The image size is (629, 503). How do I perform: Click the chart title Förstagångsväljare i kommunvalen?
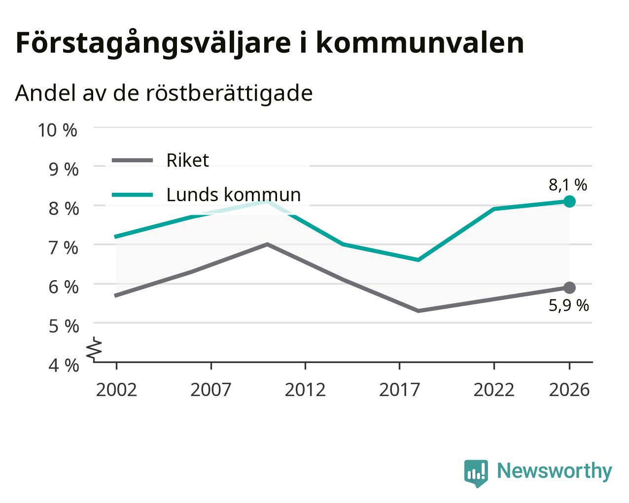point(270,44)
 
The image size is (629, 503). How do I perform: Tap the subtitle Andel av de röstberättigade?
point(164,93)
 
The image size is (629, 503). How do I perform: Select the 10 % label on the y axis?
point(58,130)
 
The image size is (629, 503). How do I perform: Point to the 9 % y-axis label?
point(64,169)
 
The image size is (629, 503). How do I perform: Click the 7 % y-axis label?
point(64,248)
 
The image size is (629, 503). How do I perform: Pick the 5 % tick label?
point(64,326)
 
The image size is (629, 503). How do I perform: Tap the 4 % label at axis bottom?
point(64,365)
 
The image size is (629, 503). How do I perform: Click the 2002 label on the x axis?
point(116,390)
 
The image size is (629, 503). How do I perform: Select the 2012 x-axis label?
point(305,390)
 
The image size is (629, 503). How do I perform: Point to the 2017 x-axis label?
point(400,390)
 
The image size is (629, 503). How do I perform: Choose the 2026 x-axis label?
point(569,390)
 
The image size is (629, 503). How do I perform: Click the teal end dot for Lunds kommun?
point(569,202)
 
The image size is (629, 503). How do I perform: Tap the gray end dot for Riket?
point(569,288)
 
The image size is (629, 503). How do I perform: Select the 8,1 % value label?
point(568,185)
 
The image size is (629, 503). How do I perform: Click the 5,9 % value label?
point(569,306)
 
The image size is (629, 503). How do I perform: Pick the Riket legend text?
point(188,160)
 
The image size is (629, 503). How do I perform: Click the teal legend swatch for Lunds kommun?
point(133,195)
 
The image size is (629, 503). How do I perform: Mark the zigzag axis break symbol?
point(94,348)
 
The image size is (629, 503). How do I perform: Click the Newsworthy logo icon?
point(476,474)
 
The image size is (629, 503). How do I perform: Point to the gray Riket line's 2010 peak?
point(267,244)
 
